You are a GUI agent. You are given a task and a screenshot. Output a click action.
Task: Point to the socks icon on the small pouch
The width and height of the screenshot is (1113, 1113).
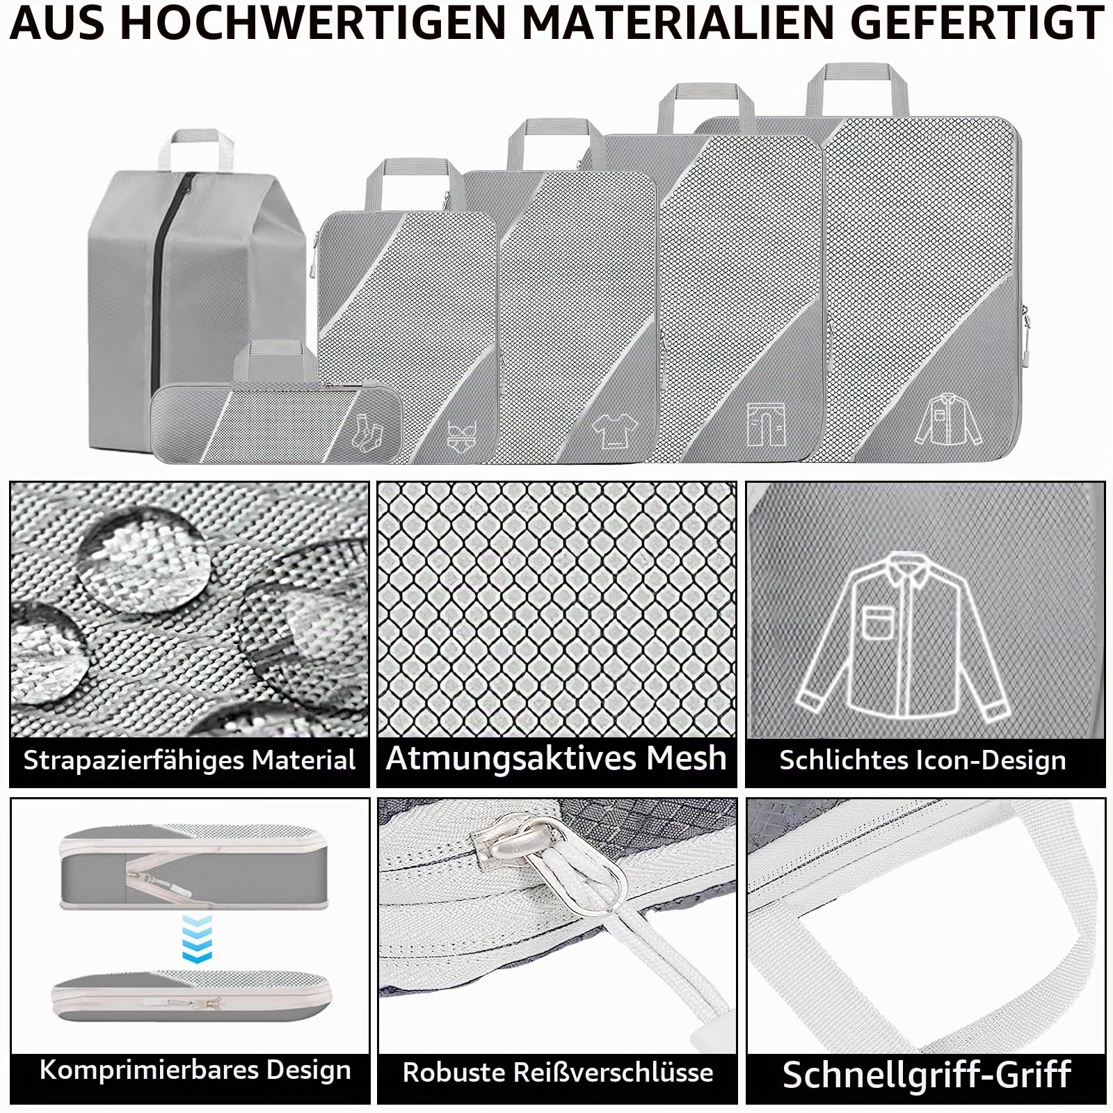pyautogui.click(x=368, y=431)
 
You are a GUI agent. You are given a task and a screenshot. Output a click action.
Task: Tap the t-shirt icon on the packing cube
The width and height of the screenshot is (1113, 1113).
pyautogui.click(x=615, y=430)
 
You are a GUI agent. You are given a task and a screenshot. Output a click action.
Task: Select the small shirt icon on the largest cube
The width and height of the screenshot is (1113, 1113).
pyautogui.click(x=947, y=419)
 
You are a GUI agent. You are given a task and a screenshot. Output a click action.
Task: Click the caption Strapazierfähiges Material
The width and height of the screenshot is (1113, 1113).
pyautogui.click(x=189, y=760)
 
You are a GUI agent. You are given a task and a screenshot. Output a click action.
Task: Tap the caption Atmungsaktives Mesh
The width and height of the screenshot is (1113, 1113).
pyautogui.click(x=556, y=758)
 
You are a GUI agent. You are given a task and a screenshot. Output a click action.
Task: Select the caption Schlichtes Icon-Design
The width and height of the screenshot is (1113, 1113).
pyautogui.click(x=922, y=760)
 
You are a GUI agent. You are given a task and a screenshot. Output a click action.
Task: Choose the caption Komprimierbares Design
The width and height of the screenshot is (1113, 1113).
pyautogui.click(x=195, y=1071)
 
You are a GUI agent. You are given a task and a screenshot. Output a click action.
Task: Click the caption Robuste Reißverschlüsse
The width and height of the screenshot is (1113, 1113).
pyautogui.click(x=558, y=1072)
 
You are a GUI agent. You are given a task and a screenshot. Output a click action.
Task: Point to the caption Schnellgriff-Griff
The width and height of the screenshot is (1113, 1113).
pyautogui.click(x=927, y=1075)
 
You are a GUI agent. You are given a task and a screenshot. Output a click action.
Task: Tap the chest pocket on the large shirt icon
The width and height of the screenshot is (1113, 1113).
pyautogui.click(x=878, y=621)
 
